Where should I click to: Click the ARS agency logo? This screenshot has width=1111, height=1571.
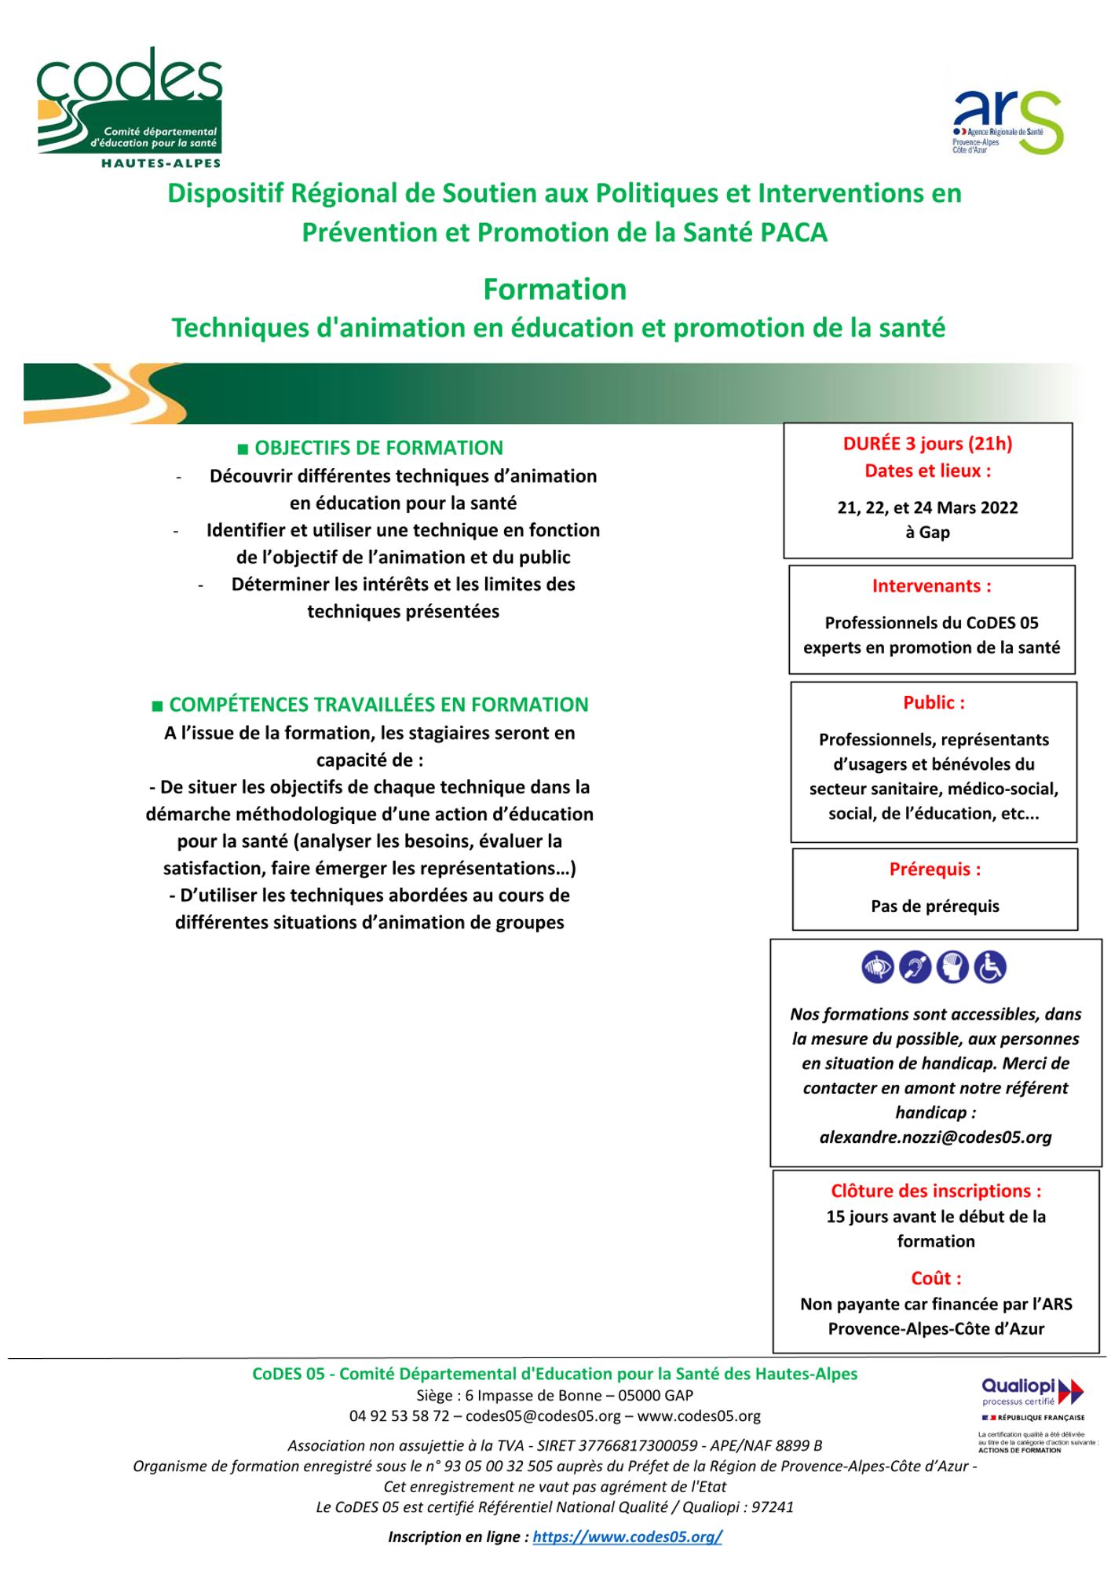point(1007,122)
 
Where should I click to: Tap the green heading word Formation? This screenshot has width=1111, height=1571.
point(554,290)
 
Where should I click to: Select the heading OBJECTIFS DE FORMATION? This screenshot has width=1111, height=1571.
point(378,448)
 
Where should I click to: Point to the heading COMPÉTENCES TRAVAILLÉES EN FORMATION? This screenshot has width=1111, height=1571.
point(378,705)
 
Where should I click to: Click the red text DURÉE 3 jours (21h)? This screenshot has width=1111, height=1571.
point(927,444)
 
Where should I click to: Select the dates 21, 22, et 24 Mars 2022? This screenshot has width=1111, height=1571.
point(927,507)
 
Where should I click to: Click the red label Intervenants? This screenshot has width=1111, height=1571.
point(931,586)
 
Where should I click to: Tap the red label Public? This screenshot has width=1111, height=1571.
point(934,702)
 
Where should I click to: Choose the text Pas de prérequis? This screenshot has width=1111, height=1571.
point(934,906)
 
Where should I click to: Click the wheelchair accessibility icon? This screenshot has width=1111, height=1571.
point(990,967)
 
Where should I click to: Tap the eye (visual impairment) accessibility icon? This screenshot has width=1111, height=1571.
point(878,967)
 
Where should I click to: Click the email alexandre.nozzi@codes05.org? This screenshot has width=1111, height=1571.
point(935,1137)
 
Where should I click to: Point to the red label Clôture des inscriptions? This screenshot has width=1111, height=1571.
point(936,1191)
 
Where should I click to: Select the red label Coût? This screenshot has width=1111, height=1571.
point(936,1278)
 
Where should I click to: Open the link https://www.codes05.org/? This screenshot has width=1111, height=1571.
point(627,1536)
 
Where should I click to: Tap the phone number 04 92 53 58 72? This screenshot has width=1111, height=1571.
point(399,1416)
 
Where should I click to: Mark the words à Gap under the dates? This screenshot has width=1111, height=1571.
point(927,532)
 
